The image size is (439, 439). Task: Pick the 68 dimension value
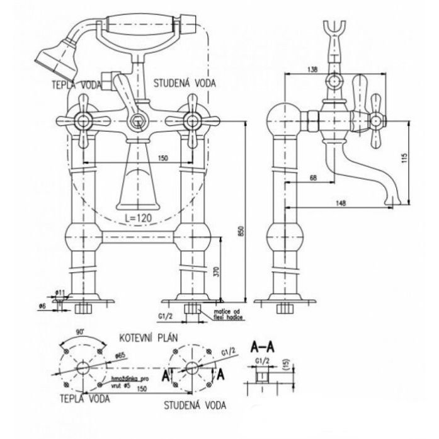[313, 178]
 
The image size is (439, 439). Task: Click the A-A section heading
[263, 346]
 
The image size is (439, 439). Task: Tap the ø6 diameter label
[43, 305]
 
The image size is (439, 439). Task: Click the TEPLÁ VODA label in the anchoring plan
[83, 399]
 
